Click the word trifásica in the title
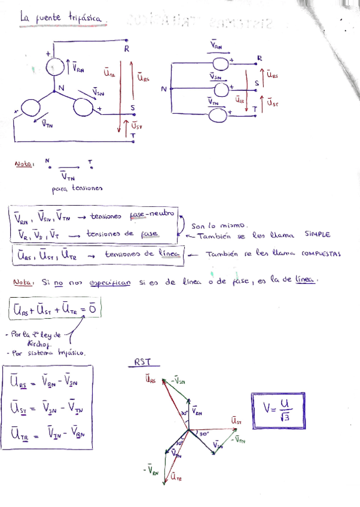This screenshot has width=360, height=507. coord(87,19)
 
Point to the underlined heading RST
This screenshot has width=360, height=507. coord(144,362)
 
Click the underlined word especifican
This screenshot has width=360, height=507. coord(109,282)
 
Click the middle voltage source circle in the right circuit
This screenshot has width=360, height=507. coord(221,90)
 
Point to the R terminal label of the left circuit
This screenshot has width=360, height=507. coord(126,49)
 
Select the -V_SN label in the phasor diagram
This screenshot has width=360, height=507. coord(178,380)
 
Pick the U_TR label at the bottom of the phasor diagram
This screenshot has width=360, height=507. coord(176,477)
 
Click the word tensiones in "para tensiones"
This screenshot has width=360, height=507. coord(87,189)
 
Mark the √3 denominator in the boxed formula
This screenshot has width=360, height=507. coord(283,417)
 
